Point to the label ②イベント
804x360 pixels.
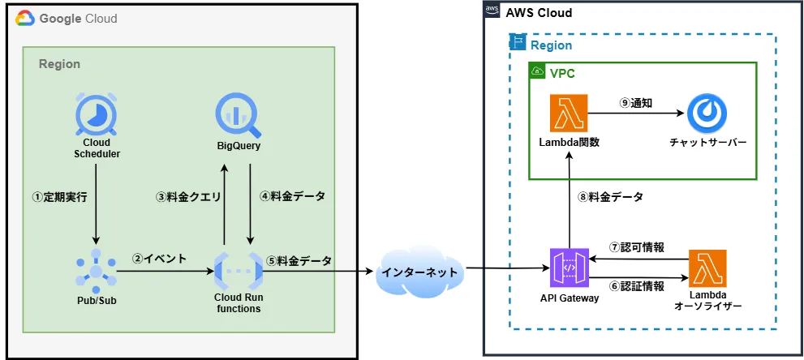point(159,259)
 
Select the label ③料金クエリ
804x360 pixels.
point(188,197)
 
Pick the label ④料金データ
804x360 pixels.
point(292,197)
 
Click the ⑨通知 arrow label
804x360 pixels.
point(636,103)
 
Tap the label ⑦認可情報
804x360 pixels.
point(638,247)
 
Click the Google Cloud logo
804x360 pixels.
point(24,18)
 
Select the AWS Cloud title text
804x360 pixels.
point(539,13)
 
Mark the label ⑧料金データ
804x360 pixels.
point(610,197)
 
